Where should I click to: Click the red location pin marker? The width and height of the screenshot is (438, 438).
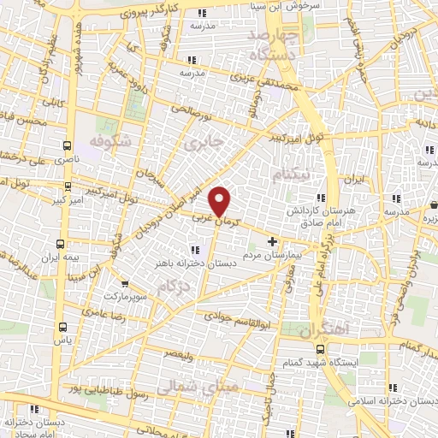pyautogui.click(x=221, y=201)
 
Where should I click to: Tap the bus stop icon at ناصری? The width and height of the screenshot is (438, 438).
pyautogui.click(x=68, y=146)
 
